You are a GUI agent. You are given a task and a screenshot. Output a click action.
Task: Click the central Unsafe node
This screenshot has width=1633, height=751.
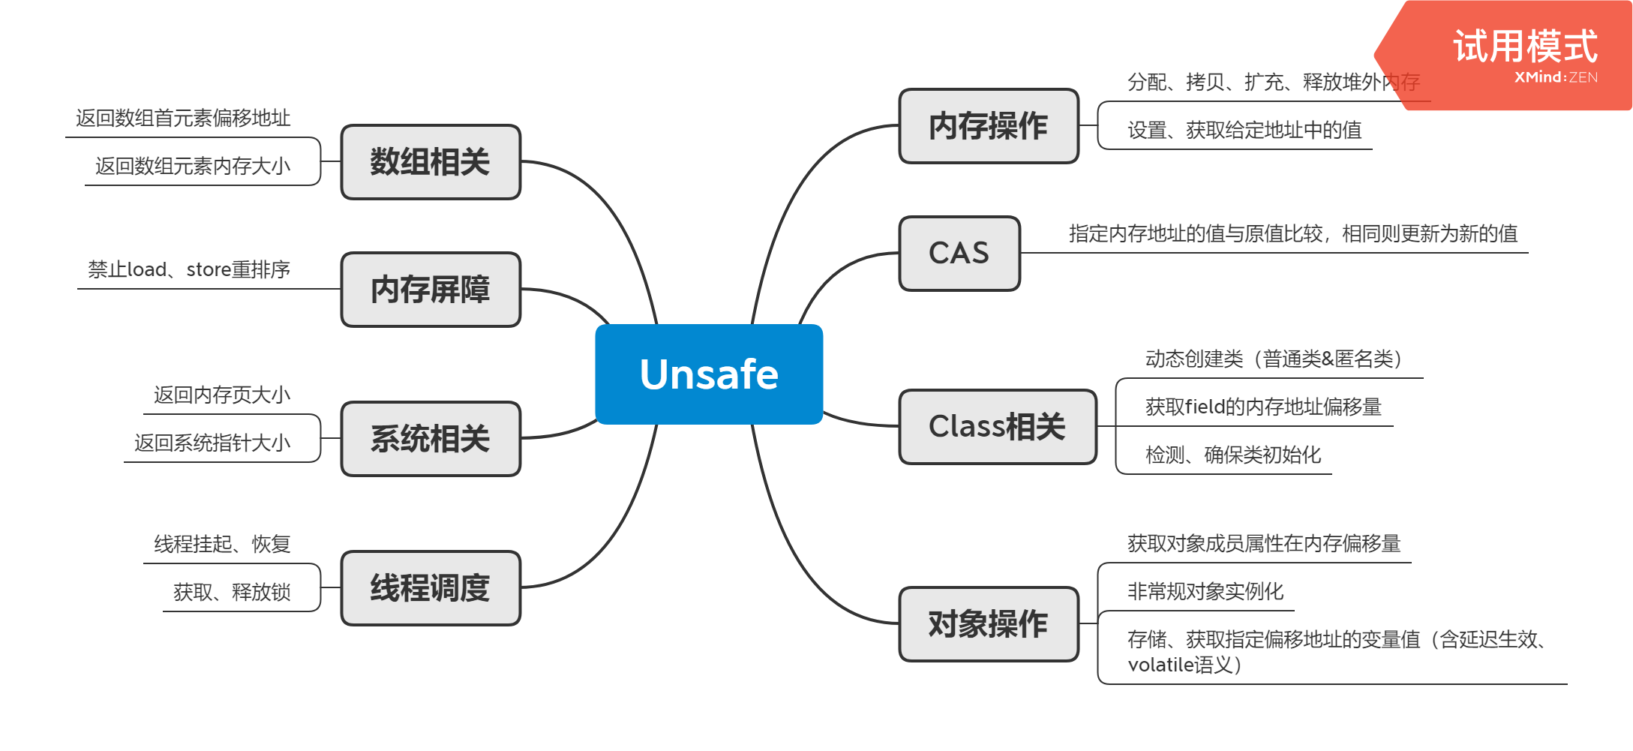point(709,374)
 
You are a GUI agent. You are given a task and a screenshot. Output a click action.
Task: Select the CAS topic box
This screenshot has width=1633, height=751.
point(959,253)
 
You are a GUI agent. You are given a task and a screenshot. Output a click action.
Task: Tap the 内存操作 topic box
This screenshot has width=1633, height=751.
point(988,125)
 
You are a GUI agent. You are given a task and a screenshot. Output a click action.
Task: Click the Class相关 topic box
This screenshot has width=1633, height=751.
point(997,426)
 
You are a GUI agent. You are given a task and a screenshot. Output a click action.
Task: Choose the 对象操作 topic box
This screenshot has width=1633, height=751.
point(988,623)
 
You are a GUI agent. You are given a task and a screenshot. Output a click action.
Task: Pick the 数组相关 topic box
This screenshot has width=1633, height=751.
point(430,161)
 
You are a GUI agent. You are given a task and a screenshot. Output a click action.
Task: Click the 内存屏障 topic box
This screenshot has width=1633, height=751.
point(430,289)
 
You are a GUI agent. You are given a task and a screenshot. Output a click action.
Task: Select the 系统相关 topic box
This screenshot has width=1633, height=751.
point(430,438)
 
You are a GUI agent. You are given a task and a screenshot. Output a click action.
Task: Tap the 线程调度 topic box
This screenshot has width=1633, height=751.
point(430,587)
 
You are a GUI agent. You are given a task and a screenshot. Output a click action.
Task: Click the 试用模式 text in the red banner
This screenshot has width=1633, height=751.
point(1525,47)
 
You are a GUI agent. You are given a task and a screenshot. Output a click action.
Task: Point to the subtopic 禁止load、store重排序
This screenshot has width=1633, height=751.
point(189,269)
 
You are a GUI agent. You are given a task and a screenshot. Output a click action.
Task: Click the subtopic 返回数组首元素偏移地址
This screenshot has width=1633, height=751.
point(183,118)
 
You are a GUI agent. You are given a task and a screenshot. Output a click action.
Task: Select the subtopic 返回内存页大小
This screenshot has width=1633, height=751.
point(222,395)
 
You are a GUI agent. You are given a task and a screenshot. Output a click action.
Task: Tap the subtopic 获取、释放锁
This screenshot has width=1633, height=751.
point(232,592)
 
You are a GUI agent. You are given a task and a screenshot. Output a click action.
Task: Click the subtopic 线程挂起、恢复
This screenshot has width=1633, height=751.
point(222,544)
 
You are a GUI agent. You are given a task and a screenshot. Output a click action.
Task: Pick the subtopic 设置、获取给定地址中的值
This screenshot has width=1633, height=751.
point(1244,130)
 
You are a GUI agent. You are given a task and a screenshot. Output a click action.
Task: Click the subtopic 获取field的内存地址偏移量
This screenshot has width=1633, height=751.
point(1263,407)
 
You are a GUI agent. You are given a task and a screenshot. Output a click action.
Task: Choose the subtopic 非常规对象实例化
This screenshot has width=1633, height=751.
point(1205,591)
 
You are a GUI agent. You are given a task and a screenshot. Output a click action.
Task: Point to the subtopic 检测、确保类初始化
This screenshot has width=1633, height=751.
point(1233,455)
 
